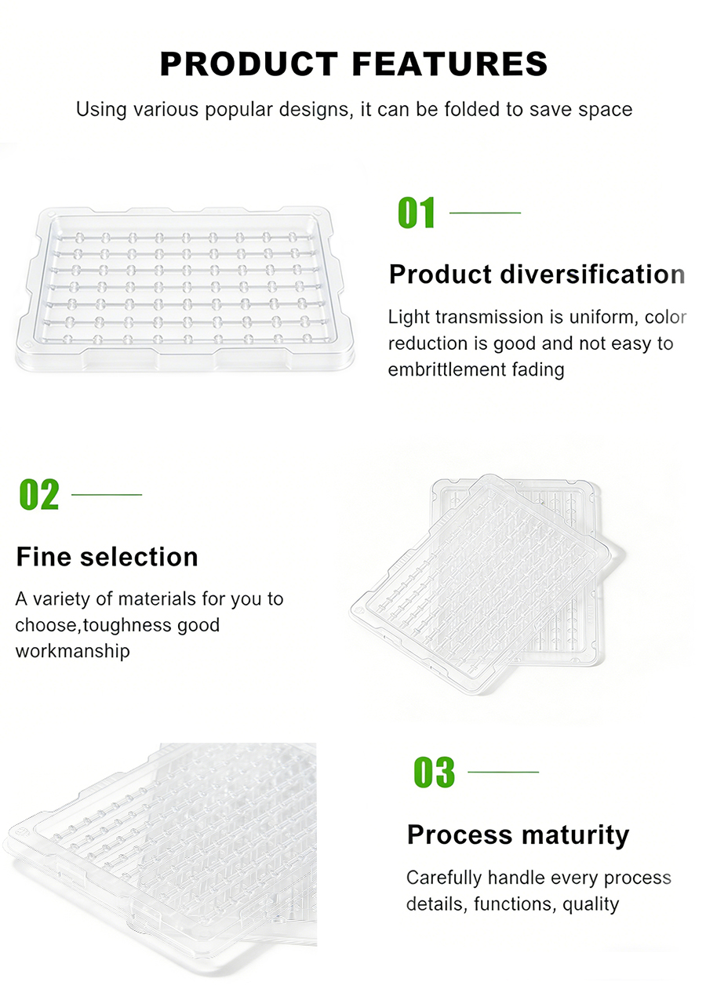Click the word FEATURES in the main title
click(x=449, y=64)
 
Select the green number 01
click(x=417, y=213)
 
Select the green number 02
click(x=38, y=495)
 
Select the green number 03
click(x=434, y=773)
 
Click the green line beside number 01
click(x=485, y=213)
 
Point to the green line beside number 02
click(x=107, y=494)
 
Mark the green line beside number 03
click(x=503, y=772)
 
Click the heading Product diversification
click(x=537, y=275)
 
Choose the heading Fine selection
click(x=107, y=557)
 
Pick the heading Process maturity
click(x=518, y=835)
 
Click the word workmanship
click(x=72, y=651)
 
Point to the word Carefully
click(x=443, y=878)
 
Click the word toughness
click(x=127, y=625)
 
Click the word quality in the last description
click(x=591, y=904)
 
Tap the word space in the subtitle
click(x=606, y=109)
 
